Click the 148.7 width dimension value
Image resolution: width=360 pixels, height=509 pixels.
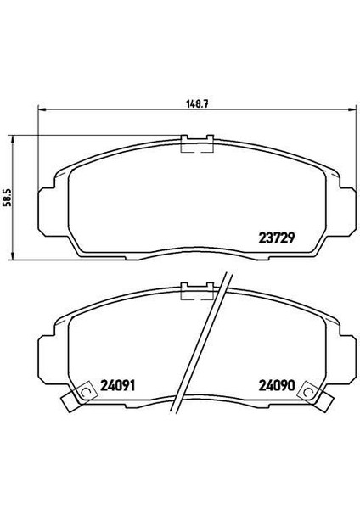[197, 104]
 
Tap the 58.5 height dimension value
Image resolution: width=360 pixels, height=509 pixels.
[7, 198]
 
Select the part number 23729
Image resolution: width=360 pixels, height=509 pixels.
[277, 238]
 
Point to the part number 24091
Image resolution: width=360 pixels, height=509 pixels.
[117, 385]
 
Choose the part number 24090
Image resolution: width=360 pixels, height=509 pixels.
[277, 385]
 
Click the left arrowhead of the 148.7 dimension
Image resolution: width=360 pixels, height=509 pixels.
[42, 109]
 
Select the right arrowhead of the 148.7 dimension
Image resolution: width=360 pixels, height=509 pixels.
[353, 109]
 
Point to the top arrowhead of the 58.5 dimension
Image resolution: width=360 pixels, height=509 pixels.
[13, 139]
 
